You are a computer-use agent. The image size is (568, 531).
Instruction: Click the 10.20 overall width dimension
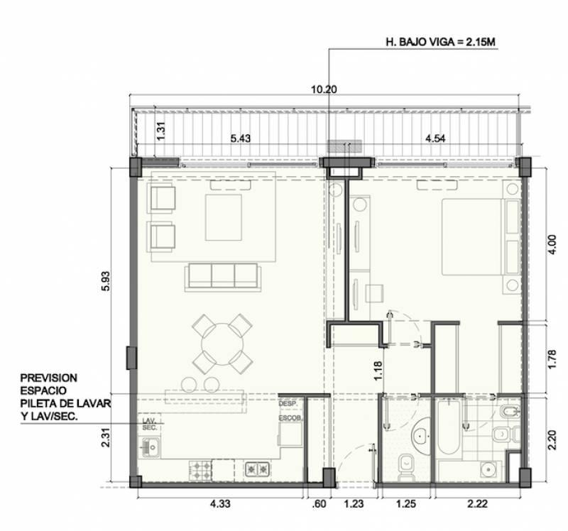point(324,89)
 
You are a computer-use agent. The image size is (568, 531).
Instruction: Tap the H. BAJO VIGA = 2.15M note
point(440,42)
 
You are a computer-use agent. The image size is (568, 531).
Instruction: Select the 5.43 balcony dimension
point(241,138)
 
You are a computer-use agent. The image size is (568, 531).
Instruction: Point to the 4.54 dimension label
point(435,138)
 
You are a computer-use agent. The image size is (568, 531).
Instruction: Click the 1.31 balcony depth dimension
point(161,131)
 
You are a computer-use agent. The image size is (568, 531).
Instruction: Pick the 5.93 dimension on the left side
point(106,281)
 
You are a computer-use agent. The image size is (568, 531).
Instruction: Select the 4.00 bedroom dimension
point(552,245)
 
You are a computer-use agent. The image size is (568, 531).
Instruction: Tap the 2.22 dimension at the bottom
point(477,503)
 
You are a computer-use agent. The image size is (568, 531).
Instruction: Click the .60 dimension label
point(318,503)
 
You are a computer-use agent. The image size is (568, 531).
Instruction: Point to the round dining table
point(222,344)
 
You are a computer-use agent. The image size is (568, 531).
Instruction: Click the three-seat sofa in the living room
point(223,277)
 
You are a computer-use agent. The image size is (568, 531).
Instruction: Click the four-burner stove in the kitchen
point(200,470)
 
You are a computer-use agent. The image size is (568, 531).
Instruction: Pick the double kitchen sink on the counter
point(257,470)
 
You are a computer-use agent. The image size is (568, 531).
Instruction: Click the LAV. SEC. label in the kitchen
point(149,424)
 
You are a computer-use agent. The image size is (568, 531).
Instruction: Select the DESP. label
point(288,403)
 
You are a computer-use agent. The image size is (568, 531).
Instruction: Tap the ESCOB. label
point(290,417)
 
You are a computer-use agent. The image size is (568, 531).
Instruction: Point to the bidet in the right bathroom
point(510,412)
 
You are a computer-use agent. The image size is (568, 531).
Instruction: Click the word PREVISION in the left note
point(48,378)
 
